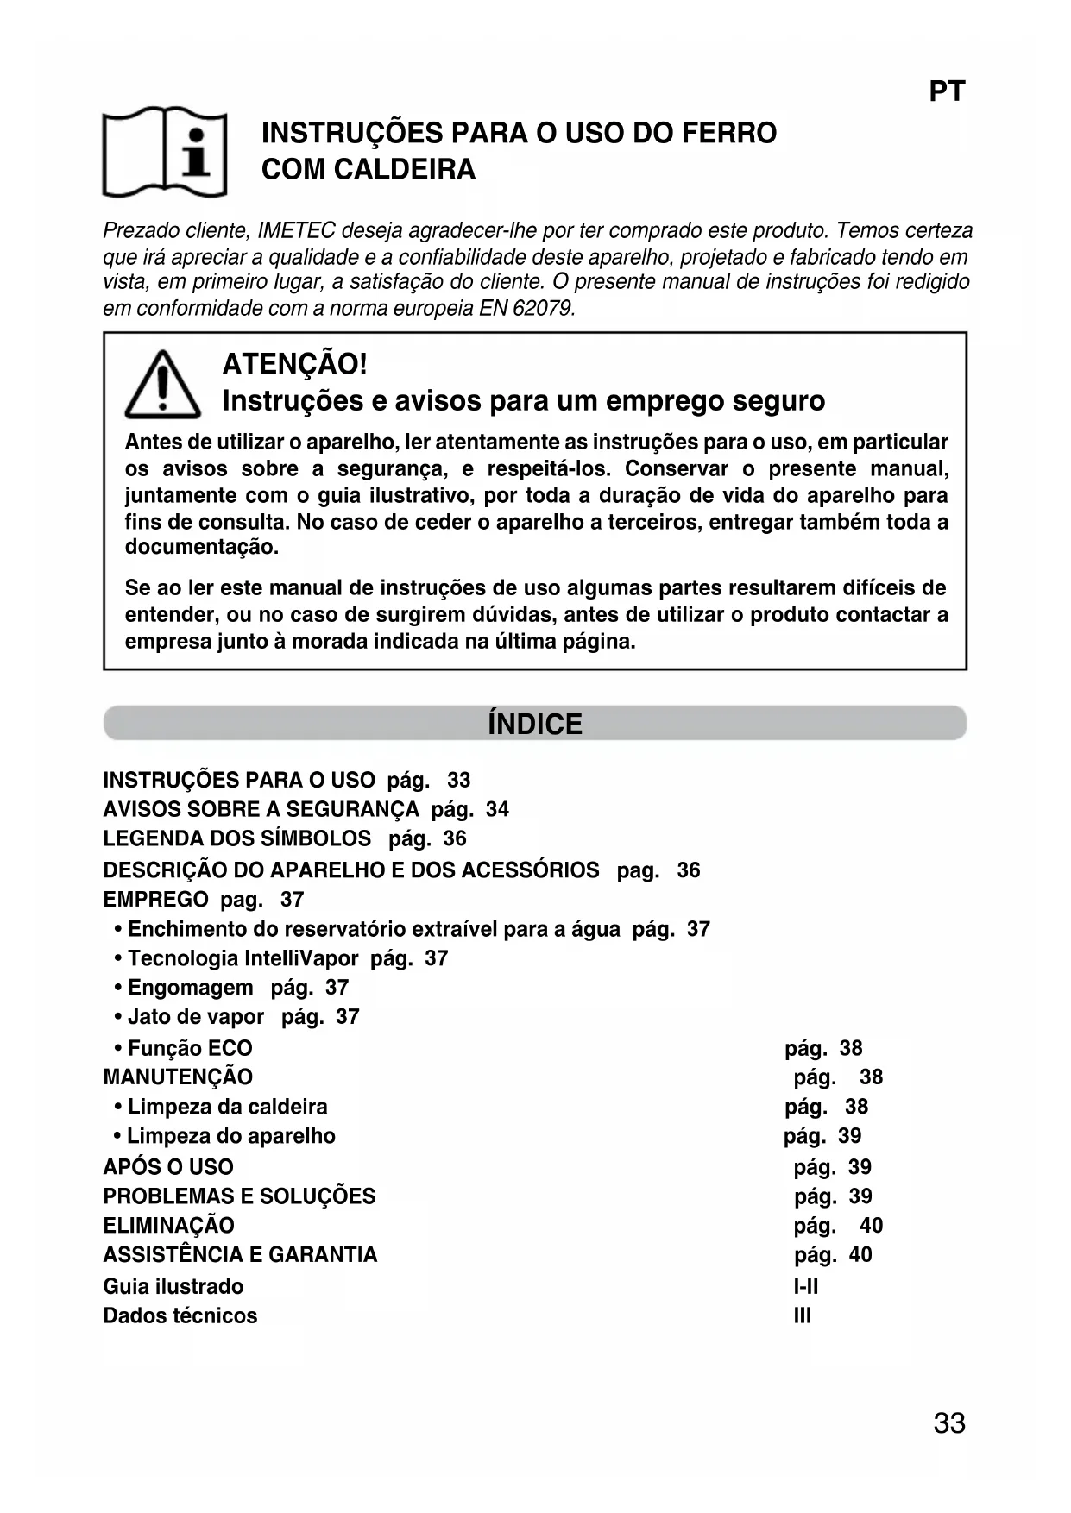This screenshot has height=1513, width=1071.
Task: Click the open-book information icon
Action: (165, 152)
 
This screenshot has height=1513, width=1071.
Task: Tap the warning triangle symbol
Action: (162, 386)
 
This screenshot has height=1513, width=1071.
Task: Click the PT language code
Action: (947, 91)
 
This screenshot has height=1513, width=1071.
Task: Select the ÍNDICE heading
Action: (535, 724)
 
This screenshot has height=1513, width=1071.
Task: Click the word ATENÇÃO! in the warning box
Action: (294, 364)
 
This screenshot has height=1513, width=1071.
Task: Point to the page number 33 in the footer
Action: (948, 1423)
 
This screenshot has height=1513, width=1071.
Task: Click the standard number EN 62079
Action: (526, 308)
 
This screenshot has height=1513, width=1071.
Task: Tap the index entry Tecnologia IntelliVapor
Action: (243, 958)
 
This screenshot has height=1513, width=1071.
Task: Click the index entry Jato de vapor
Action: (196, 1017)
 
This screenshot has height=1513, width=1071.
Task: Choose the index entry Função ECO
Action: (190, 1048)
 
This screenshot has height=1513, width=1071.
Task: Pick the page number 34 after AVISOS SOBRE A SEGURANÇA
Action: (497, 809)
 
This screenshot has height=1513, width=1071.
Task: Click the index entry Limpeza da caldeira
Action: (227, 1107)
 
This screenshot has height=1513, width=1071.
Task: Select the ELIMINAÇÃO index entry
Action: (168, 1226)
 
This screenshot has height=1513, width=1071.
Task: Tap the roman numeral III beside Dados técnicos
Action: (803, 1315)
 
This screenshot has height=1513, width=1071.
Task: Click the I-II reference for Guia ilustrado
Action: (806, 1286)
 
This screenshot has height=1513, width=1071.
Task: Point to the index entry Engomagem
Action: (191, 988)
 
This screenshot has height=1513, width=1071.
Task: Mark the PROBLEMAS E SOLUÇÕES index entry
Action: (239, 1196)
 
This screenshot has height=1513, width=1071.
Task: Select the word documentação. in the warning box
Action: (202, 548)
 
